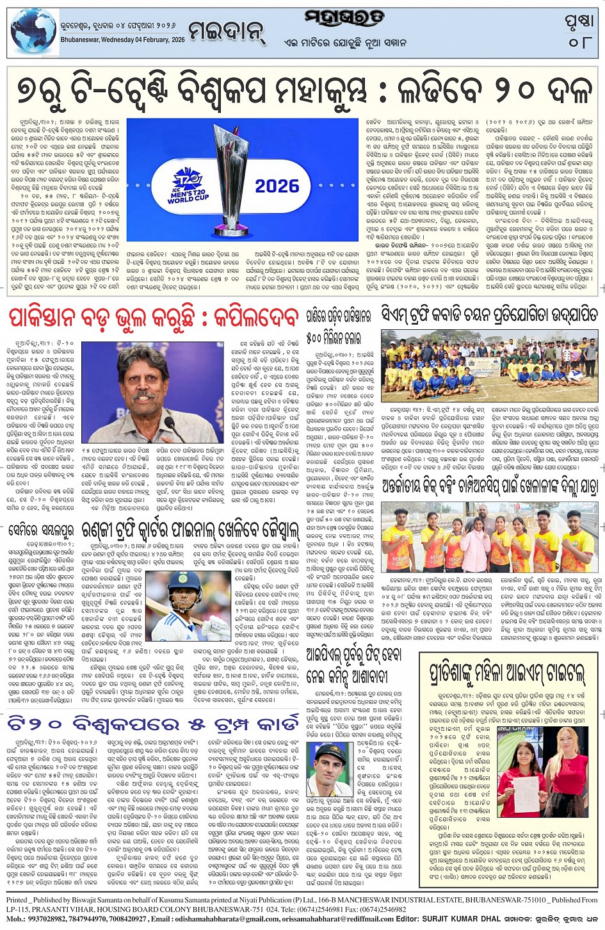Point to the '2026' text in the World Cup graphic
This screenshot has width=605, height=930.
point(277,186)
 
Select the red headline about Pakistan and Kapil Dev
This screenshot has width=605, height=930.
point(154,318)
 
